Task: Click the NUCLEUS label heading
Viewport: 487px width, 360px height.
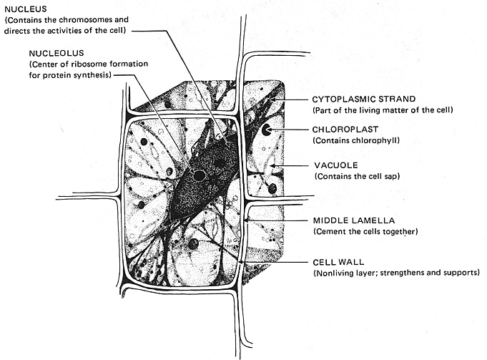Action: (24, 9)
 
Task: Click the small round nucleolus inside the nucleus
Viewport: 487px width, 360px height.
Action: (200, 175)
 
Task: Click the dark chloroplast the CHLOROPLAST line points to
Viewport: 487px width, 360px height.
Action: (266, 130)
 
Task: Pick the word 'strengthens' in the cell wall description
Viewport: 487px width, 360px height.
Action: (405, 274)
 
